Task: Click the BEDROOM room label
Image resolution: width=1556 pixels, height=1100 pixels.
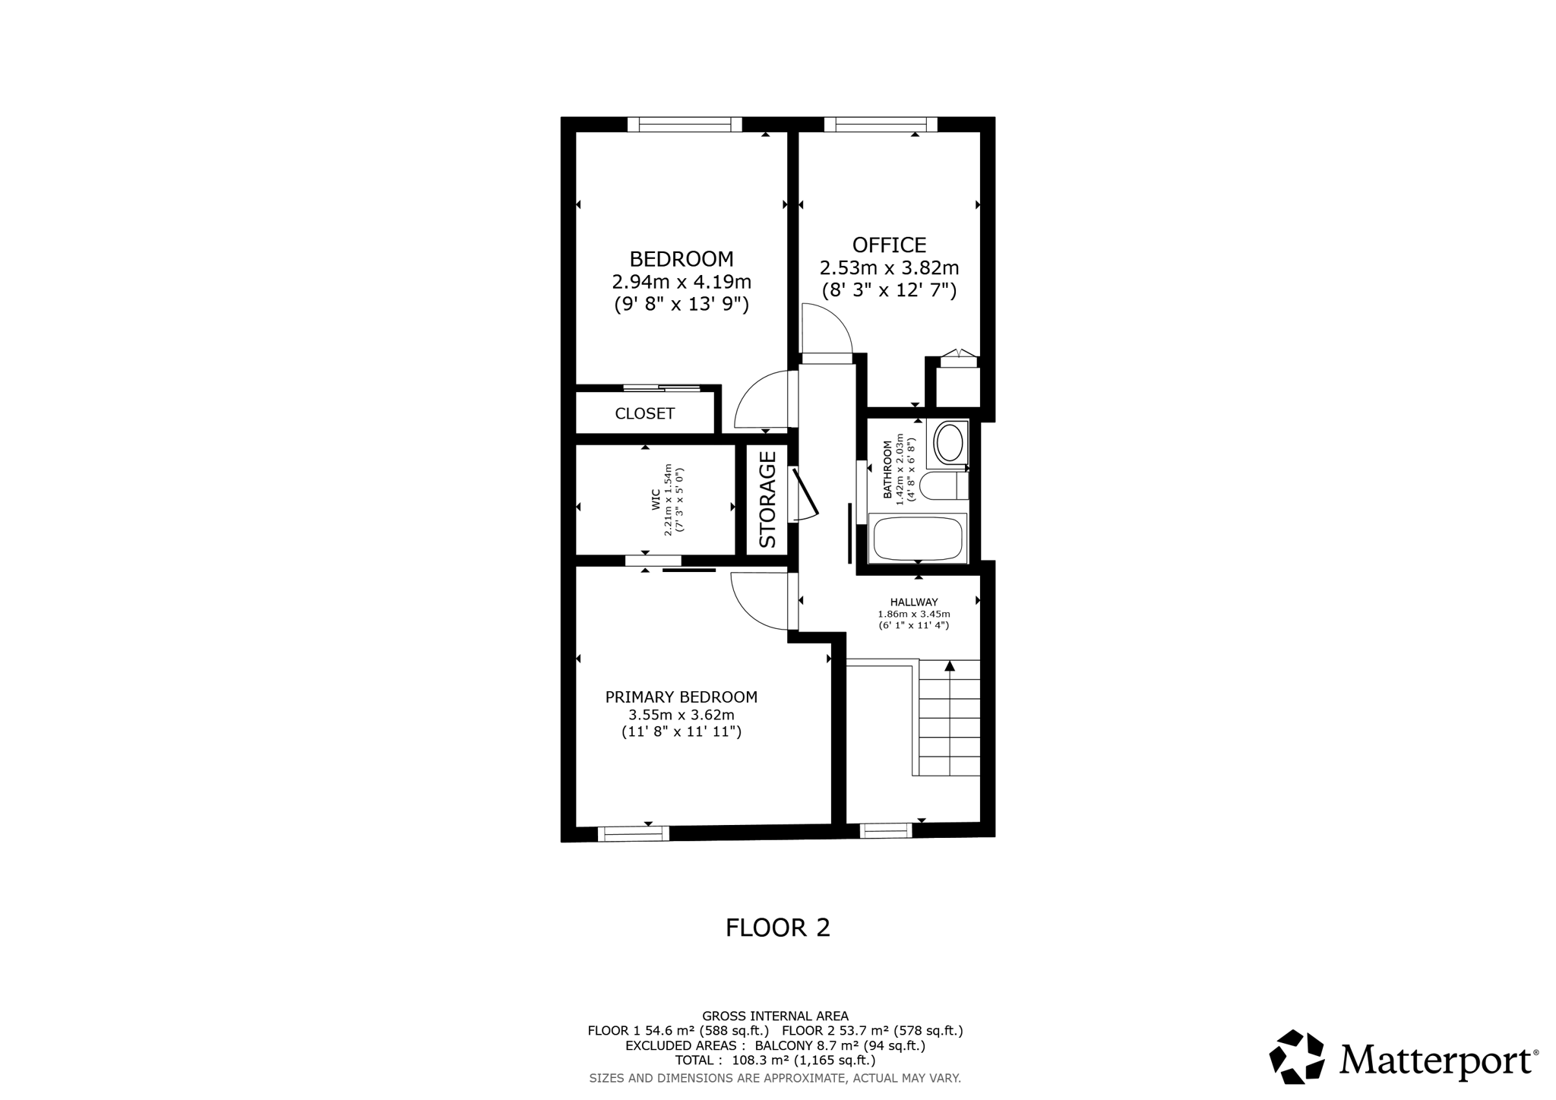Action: (x=682, y=259)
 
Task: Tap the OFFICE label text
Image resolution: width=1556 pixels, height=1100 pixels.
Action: (x=889, y=245)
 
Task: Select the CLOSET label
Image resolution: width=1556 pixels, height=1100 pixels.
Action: (x=644, y=413)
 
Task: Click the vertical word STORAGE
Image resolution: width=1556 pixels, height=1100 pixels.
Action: (x=767, y=499)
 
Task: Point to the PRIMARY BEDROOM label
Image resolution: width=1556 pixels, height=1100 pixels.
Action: (x=681, y=697)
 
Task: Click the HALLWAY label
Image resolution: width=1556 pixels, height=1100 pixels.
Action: (x=914, y=602)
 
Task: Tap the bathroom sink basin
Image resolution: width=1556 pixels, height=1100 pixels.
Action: (x=949, y=443)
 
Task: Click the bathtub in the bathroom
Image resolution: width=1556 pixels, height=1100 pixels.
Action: (x=918, y=538)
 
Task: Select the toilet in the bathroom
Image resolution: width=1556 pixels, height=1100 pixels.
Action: (x=941, y=485)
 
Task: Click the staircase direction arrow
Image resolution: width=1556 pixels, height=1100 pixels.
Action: (x=949, y=666)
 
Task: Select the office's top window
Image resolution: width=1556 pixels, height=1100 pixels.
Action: (x=881, y=125)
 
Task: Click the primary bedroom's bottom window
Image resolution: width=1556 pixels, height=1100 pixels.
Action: (x=634, y=833)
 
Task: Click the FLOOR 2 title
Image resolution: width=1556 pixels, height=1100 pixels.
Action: (x=777, y=928)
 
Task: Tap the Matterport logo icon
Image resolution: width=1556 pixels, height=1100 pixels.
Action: (x=1297, y=1057)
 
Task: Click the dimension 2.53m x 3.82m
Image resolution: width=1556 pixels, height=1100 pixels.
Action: (x=889, y=268)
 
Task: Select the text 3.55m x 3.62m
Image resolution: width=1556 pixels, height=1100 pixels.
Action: (x=681, y=715)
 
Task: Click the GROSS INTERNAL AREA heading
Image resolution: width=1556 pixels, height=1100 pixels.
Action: (x=775, y=1016)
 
